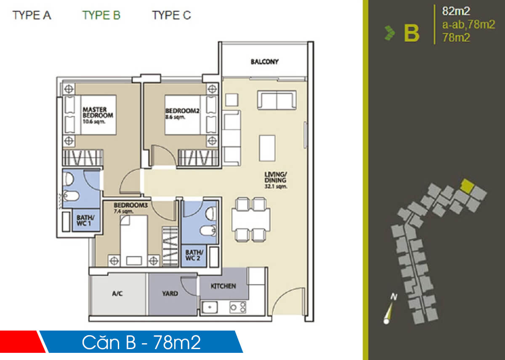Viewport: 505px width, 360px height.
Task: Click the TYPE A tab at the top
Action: tap(32, 16)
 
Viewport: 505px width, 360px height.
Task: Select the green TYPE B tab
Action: tap(101, 16)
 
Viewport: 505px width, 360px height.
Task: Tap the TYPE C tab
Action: tap(171, 16)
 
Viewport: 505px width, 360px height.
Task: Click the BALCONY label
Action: tap(265, 62)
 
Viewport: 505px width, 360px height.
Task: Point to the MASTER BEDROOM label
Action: tap(98, 112)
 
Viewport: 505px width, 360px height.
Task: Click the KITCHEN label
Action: tap(223, 286)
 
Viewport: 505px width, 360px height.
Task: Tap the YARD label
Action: tap(170, 294)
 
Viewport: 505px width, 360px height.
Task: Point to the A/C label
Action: tap(117, 294)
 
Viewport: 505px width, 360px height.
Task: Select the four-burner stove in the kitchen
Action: tap(238, 307)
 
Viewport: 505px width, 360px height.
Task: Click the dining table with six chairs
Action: tap(251, 219)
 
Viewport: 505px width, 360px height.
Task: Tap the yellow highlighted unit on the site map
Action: tap(466, 185)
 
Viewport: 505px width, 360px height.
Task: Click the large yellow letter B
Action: tap(412, 34)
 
